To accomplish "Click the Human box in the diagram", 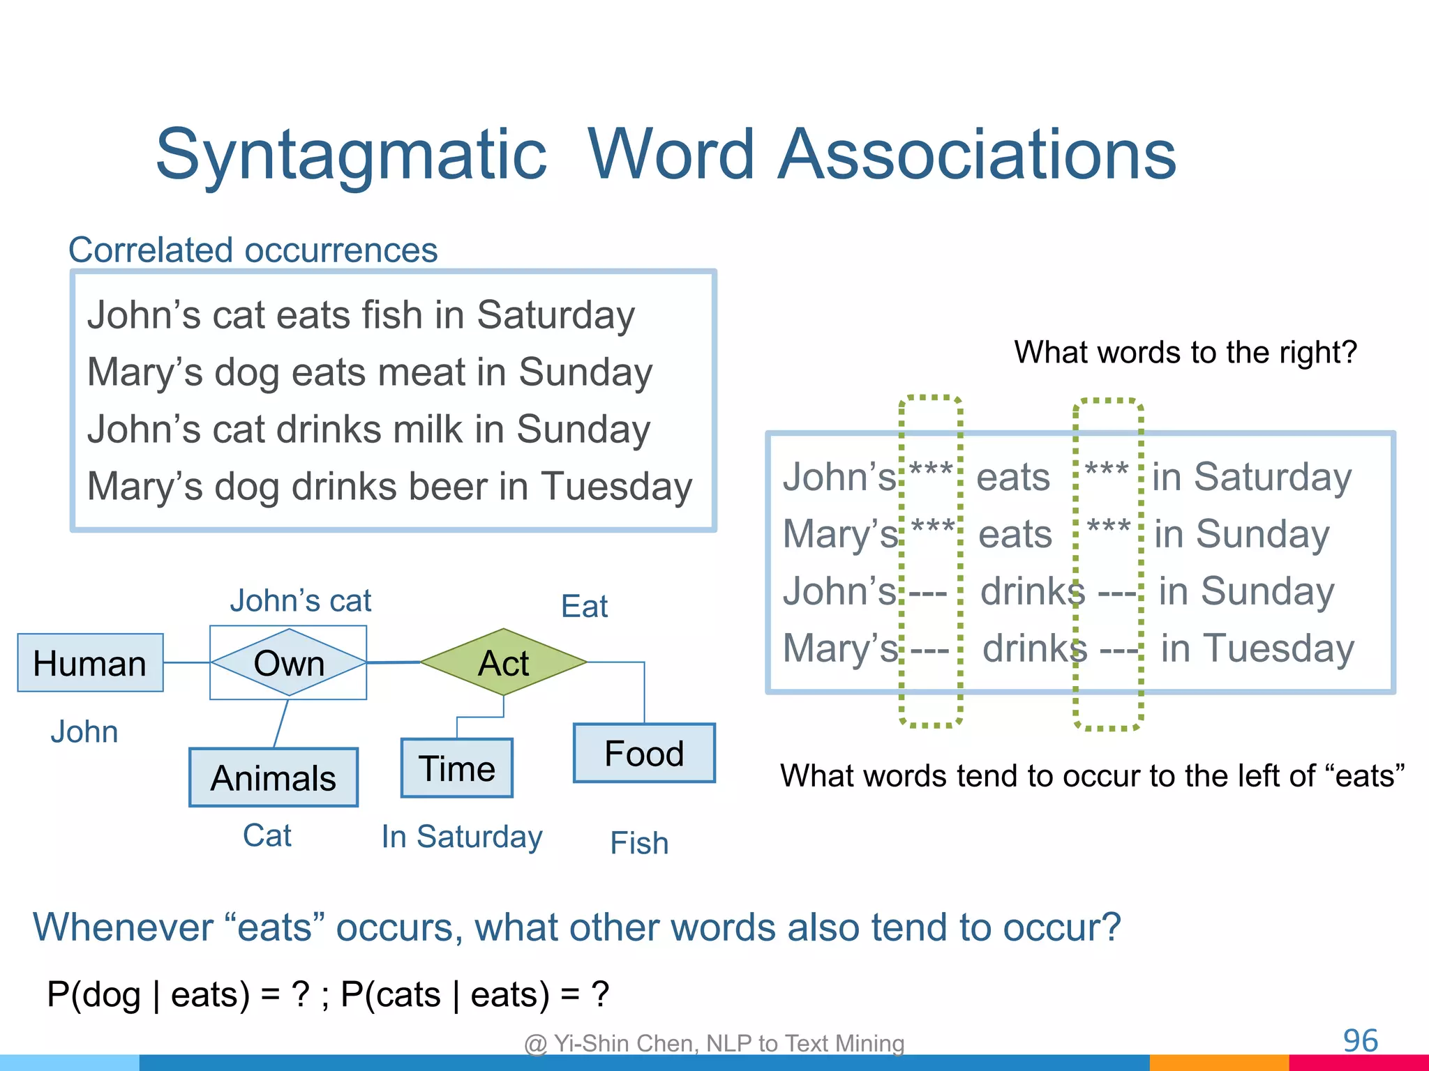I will tap(90, 662).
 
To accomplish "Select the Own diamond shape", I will tap(288, 662).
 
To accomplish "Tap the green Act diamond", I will tap(503, 662).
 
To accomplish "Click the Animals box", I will tap(273, 777).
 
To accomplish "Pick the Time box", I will tap(456, 768).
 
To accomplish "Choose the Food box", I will tap(643, 753).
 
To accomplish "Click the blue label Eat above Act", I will tap(584, 606).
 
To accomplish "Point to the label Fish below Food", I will tap(639, 843).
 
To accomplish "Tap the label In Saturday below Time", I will tap(461, 836).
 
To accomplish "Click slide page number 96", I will tap(1360, 1041).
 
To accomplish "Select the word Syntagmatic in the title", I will tap(351, 154).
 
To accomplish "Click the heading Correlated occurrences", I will tap(253, 250).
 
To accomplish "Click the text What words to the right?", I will tap(1185, 352).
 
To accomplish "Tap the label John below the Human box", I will tap(84, 731).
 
